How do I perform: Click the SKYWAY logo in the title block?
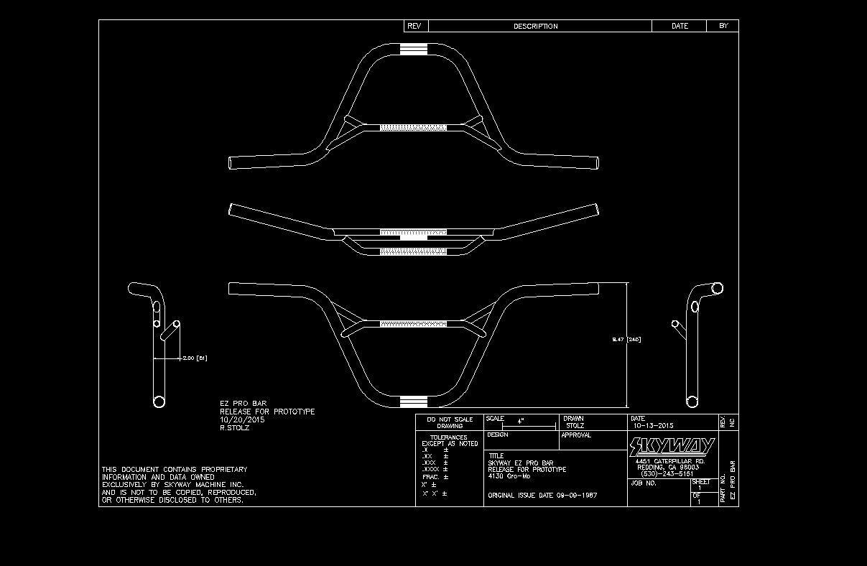(672, 447)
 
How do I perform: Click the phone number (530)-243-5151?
(667, 473)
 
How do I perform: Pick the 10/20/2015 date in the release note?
(242, 419)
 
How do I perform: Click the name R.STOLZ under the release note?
(235, 427)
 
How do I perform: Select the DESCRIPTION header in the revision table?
(535, 27)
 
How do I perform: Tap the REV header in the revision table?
(414, 26)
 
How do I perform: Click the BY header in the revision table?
(723, 26)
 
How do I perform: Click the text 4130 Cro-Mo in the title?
(509, 476)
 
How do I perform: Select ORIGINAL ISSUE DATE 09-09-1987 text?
(542, 496)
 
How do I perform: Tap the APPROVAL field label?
(576, 435)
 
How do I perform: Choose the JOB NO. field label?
(644, 483)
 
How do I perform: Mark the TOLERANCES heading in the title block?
(448, 437)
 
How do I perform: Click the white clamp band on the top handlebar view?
(413, 49)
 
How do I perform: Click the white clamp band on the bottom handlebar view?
(413, 401)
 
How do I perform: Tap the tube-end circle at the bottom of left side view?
(159, 402)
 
